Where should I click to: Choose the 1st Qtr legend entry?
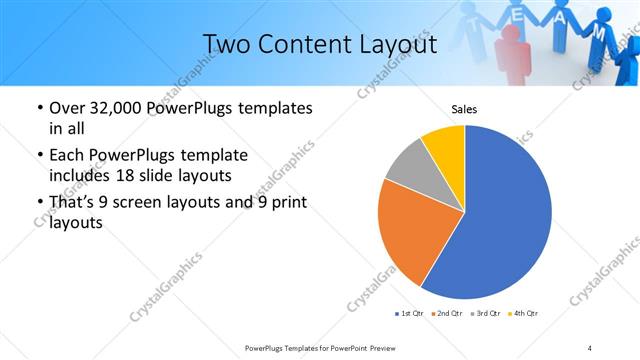pyautogui.click(x=411, y=314)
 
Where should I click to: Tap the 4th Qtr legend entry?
pyautogui.click(x=525, y=314)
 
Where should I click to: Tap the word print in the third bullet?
pyautogui.click(x=286, y=203)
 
